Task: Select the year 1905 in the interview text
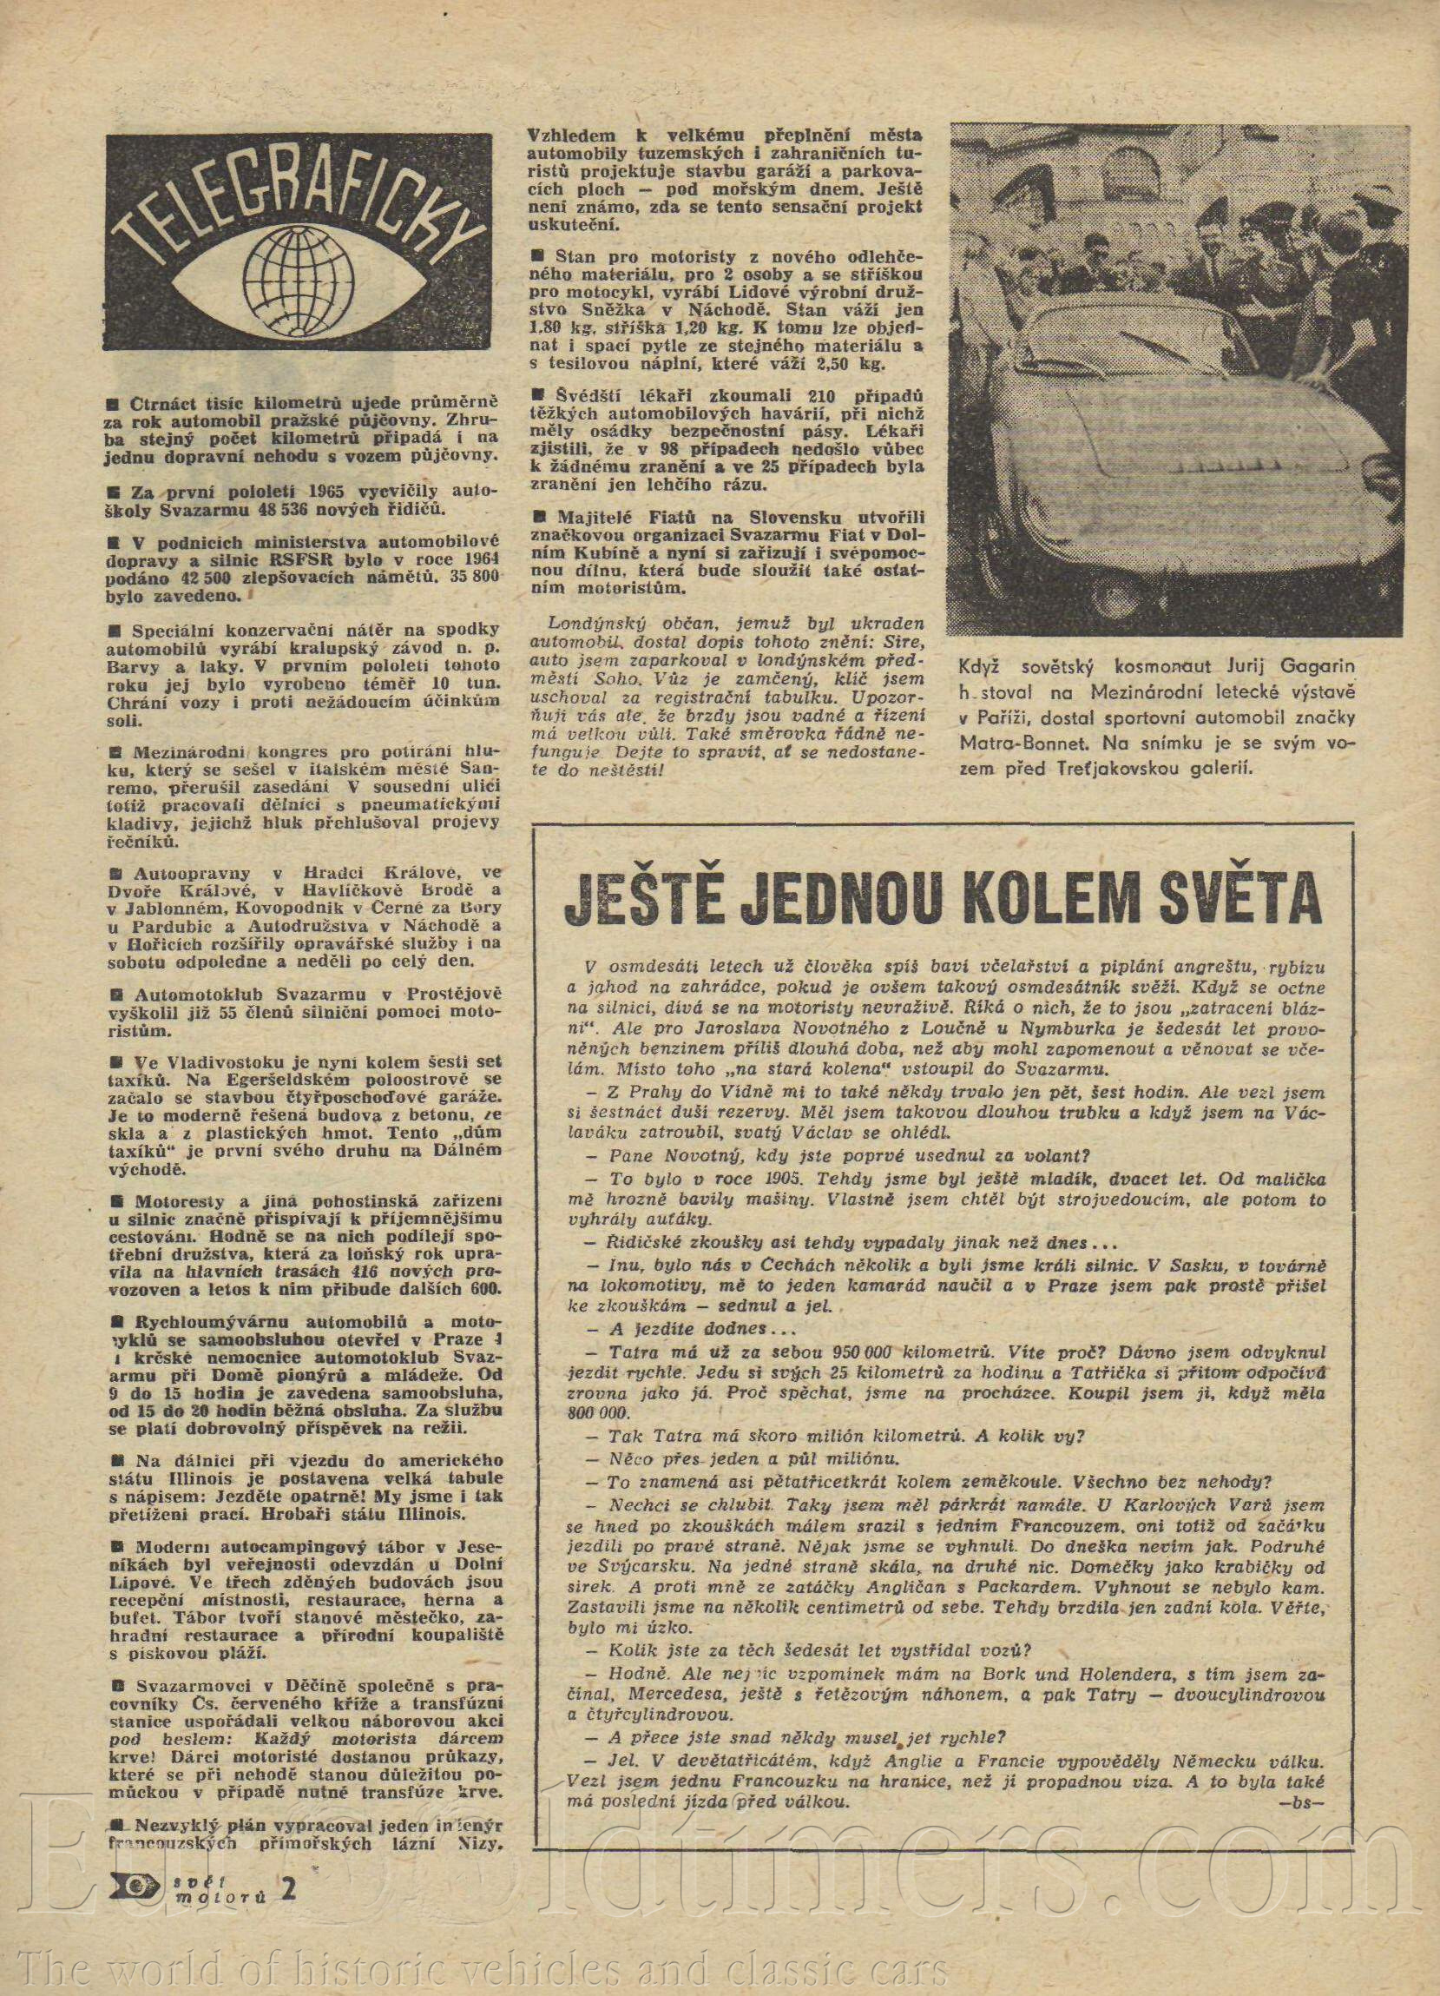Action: (x=789, y=1178)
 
